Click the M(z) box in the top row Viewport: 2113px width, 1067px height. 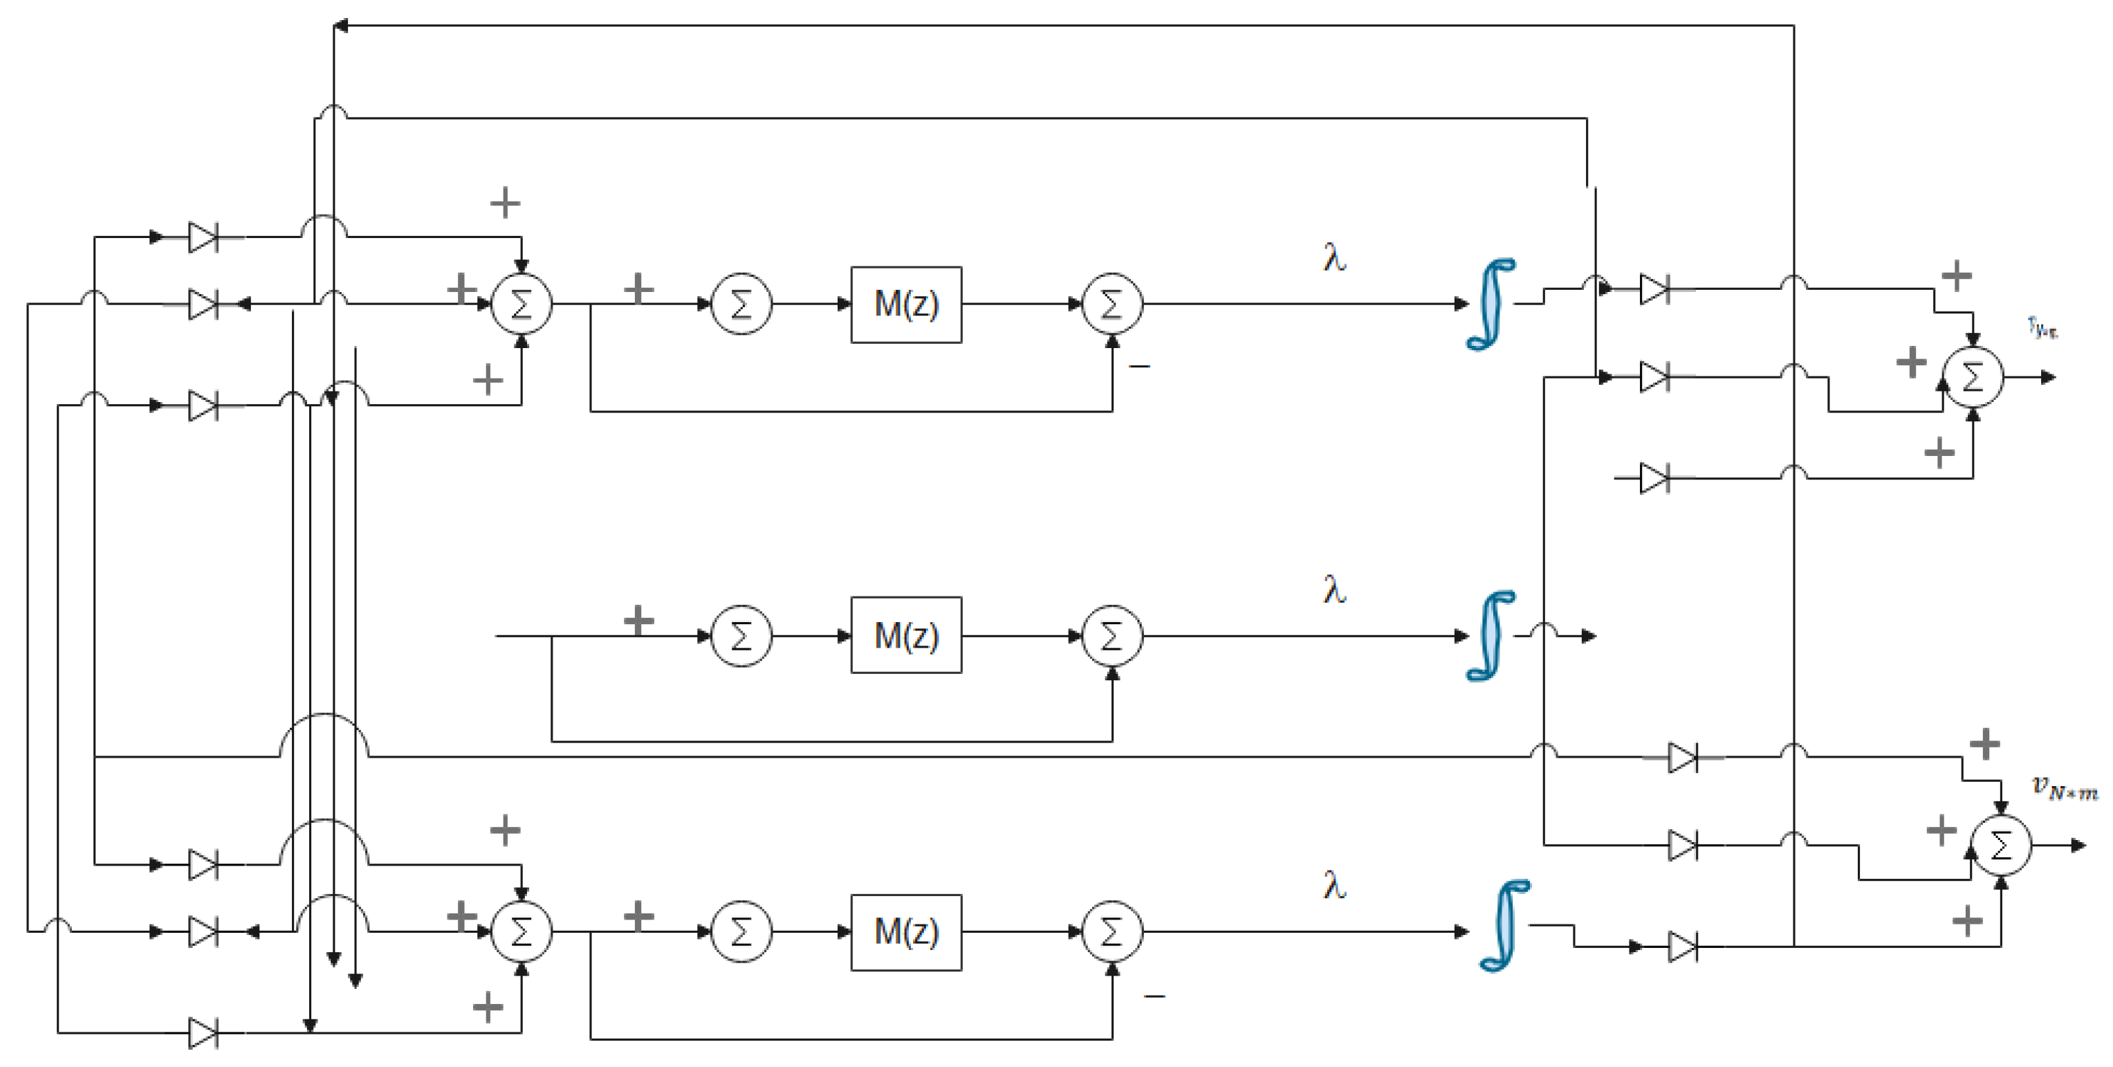[905, 304]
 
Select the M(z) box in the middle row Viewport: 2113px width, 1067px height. [905, 635]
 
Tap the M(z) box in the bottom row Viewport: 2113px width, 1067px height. [905, 932]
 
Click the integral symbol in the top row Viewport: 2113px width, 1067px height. [1491, 304]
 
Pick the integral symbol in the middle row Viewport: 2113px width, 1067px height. [1491, 635]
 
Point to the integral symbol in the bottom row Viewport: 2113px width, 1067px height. [1504, 926]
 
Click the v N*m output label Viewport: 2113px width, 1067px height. [2064, 787]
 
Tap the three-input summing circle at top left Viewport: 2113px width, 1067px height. [522, 304]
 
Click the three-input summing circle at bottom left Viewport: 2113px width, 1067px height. [522, 932]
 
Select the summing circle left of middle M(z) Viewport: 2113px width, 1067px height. [741, 636]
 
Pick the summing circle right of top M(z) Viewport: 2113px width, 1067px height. [1111, 304]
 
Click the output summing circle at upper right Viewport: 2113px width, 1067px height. [1973, 378]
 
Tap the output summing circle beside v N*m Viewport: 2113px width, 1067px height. [2001, 846]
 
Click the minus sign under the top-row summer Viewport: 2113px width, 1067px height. [1139, 366]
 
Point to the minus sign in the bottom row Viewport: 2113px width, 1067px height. [1154, 996]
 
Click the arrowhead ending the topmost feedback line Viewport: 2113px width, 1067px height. [340, 26]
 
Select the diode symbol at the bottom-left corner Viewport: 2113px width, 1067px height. [203, 1033]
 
